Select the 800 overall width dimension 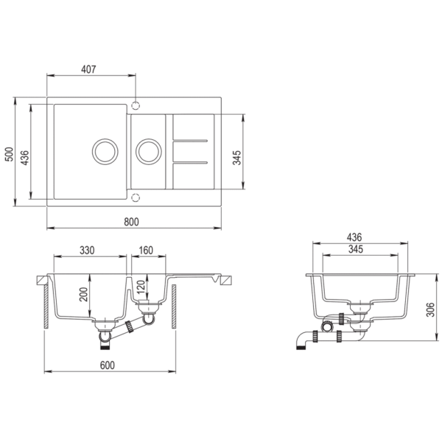pyautogui.click(x=132, y=221)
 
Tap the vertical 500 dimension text pyautogui.click(x=10, y=153)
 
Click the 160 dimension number pyautogui.click(x=145, y=250)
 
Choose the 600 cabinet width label pyautogui.click(x=110, y=363)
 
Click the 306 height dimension pyautogui.click(x=430, y=310)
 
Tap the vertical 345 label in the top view pyautogui.click(x=237, y=156)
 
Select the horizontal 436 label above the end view pyautogui.click(x=354, y=237)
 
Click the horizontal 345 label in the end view pyautogui.click(x=354, y=250)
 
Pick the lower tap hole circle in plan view pyautogui.click(x=135, y=197)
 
